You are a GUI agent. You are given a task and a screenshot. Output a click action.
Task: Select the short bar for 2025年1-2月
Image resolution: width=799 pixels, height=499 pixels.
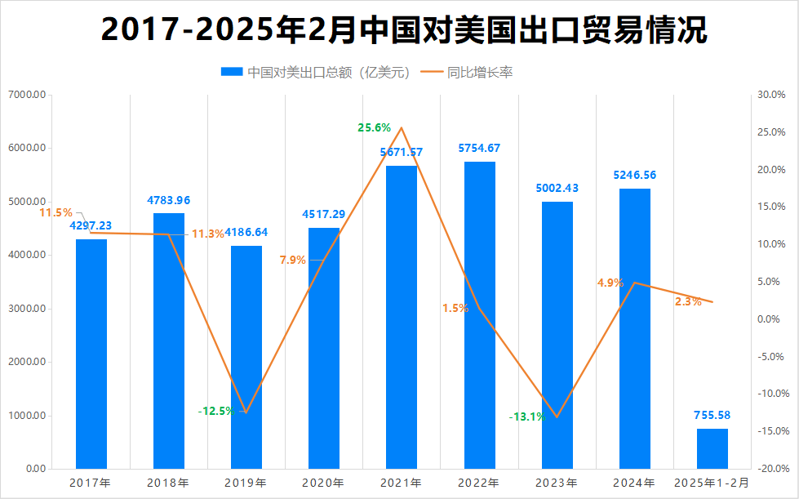(712, 448)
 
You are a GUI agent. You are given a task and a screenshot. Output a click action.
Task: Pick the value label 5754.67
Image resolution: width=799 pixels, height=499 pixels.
(479, 149)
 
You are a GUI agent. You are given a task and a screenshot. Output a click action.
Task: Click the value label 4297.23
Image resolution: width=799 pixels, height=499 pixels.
(91, 225)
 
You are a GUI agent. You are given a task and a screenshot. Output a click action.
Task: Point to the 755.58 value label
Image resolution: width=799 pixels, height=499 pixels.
(712, 415)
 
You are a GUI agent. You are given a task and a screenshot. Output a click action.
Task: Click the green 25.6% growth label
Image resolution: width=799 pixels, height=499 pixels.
(374, 127)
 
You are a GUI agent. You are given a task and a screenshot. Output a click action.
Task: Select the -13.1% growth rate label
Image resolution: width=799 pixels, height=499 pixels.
(526, 417)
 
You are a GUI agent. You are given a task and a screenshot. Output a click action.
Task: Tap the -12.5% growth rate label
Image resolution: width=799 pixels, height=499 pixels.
(215, 411)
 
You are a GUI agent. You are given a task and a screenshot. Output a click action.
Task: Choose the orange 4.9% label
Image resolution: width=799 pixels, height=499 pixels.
(610, 283)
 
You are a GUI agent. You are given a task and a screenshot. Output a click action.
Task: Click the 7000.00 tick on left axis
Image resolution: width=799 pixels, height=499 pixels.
(27, 95)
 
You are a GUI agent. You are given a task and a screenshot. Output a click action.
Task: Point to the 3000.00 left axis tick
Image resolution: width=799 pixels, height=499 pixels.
(27, 309)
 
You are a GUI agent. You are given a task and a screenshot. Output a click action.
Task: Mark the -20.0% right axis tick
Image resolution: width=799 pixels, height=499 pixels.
(771, 469)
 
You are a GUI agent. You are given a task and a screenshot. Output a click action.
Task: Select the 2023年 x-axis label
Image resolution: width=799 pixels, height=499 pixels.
(557, 483)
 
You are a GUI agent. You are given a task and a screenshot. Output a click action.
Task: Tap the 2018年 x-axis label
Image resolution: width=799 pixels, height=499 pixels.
(169, 483)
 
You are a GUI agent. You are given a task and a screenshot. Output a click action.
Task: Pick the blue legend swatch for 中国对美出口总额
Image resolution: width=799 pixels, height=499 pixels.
(232, 73)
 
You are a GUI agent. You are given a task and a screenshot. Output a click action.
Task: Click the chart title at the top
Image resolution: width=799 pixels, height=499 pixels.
(404, 30)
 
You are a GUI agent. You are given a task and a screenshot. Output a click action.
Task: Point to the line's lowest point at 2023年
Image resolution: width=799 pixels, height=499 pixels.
(557, 417)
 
